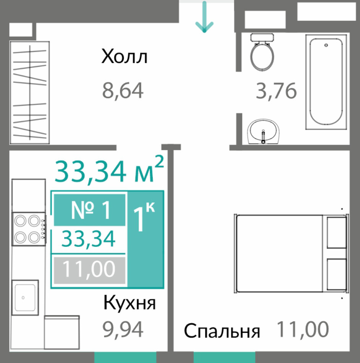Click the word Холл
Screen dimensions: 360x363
click(124, 56)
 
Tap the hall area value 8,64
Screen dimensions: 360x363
click(123, 90)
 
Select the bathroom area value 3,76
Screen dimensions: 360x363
click(276, 90)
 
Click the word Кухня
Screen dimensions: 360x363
click(129, 303)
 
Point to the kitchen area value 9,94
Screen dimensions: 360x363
click(123, 330)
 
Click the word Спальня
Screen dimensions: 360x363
click(222, 331)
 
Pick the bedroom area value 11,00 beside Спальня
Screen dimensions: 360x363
click(303, 329)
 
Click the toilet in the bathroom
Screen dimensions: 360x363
click(262, 52)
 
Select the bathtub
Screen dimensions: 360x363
click(326, 82)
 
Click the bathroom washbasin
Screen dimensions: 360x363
click(263, 131)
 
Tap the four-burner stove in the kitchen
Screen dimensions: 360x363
click(29, 229)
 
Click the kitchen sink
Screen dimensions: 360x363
click(25, 297)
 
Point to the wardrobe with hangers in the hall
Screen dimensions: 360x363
click(29, 93)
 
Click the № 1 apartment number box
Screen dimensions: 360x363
click(90, 210)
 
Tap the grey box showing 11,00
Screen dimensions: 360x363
click(90, 270)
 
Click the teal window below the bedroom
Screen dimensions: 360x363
click(224, 357)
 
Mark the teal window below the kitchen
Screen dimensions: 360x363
click(125, 357)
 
